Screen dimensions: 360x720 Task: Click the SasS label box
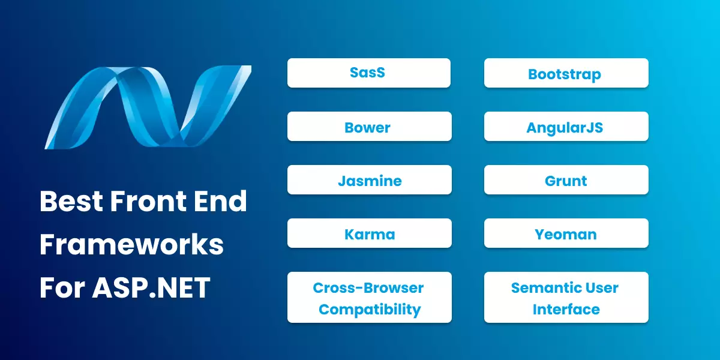368,73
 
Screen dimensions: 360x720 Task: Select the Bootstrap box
566,73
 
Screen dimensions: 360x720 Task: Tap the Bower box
368,127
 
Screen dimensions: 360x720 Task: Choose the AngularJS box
566,127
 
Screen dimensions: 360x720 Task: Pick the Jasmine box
368,180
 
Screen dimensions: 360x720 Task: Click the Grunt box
566,180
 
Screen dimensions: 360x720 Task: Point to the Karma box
368,233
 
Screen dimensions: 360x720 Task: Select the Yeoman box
566,233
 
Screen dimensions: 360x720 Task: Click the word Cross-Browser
368,287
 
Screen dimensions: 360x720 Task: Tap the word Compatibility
369,310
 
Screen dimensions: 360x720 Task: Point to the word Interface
566,310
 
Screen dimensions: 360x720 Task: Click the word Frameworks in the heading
131,245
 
